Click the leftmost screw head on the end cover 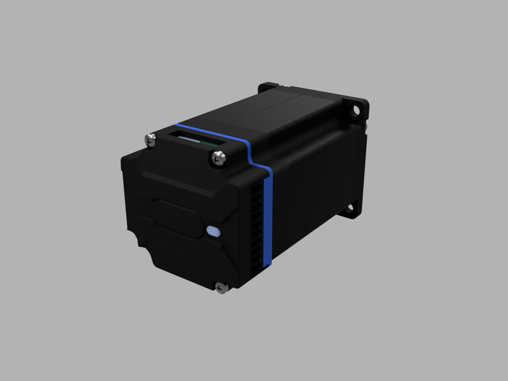coord(150,140)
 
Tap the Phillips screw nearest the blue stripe coord(219,158)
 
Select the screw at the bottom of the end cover coord(220,288)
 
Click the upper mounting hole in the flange coord(356,110)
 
